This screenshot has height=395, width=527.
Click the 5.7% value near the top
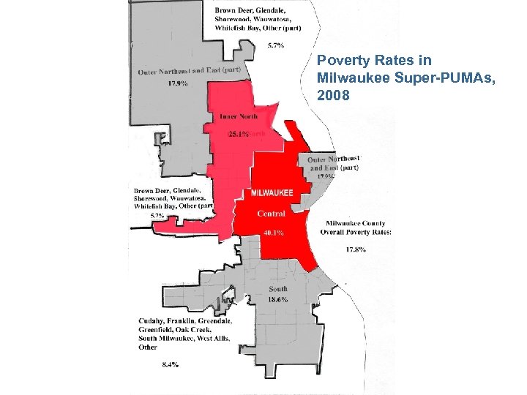pyautogui.click(x=276, y=45)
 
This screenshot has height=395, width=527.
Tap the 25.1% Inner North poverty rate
pyautogui.click(x=239, y=135)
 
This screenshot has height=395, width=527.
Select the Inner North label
pyautogui.click(x=239, y=116)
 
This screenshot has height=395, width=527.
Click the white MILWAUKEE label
pyautogui.click(x=272, y=193)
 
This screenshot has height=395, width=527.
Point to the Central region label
pyautogui.click(x=271, y=214)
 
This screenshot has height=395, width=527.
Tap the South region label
pyautogui.click(x=277, y=289)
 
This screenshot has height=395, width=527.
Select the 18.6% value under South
pyautogui.click(x=277, y=299)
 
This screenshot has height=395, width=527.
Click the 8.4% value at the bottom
pyautogui.click(x=169, y=364)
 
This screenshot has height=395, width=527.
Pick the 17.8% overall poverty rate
pyautogui.click(x=355, y=249)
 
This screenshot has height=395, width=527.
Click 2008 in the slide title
pyautogui.click(x=332, y=95)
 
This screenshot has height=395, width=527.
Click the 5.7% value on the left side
pyautogui.click(x=157, y=216)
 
